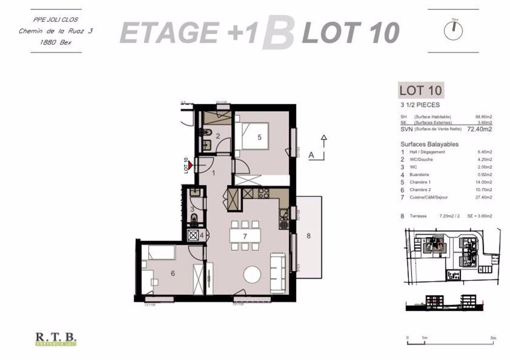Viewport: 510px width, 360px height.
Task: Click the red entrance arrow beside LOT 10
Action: [190, 165]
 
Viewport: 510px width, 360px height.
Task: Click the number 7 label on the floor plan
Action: [245, 236]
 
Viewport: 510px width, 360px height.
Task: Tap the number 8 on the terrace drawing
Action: [308, 236]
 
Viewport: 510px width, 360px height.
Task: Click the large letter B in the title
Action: [278, 34]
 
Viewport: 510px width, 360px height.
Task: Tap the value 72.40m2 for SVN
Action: [480, 129]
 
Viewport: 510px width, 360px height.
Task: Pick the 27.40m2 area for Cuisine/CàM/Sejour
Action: [483, 196]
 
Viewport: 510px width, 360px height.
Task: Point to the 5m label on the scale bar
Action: [493, 338]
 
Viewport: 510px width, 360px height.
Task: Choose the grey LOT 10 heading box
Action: [420, 91]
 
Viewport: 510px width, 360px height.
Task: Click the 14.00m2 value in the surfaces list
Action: [483, 182]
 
